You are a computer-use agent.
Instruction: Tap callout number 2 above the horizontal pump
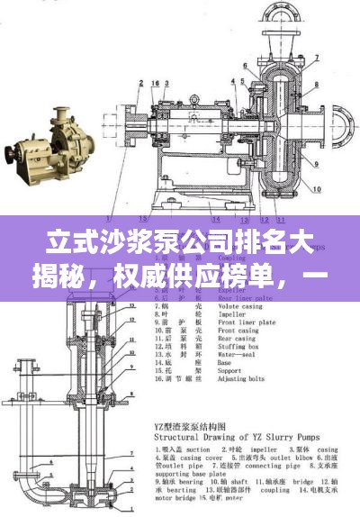[141, 83]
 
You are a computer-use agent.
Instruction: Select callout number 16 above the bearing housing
[156, 83]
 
